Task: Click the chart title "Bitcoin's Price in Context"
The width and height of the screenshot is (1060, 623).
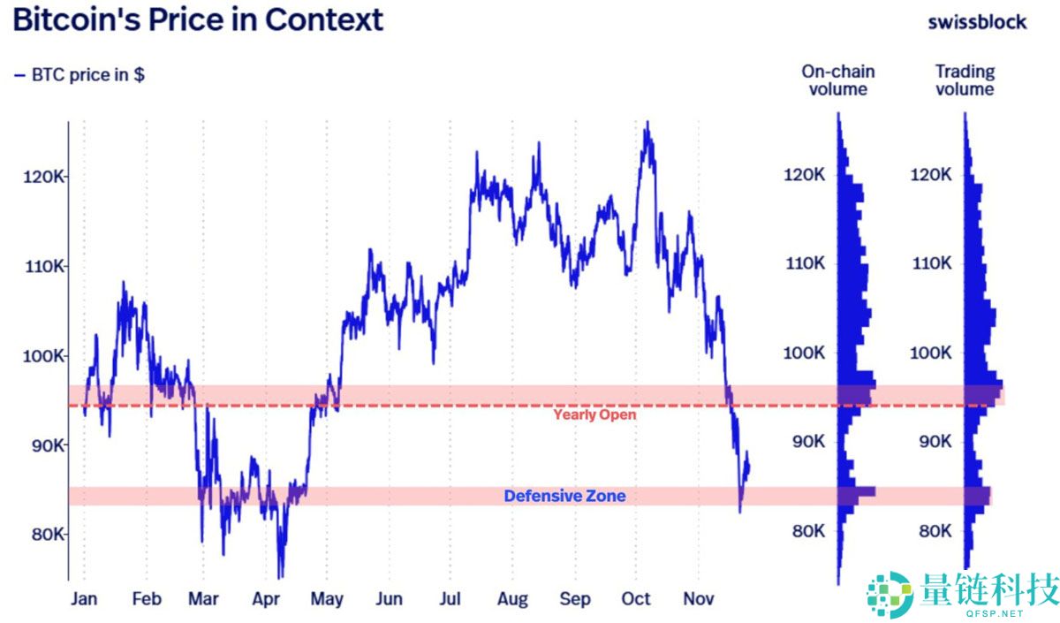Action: (198, 19)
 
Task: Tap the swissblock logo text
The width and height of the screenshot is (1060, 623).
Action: (977, 21)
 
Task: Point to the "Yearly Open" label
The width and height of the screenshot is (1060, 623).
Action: (594, 414)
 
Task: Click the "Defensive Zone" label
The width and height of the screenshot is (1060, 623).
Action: (564, 496)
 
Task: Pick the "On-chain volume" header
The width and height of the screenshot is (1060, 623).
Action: (837, 80)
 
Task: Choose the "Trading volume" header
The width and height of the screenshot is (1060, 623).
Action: (965, 80)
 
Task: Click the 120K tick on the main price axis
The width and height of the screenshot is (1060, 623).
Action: (43, 177)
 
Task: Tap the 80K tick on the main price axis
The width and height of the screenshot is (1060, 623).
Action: (43, 534)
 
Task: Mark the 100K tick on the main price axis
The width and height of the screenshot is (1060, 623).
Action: (43, 356)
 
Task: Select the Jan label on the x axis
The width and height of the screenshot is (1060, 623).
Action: (84, 599)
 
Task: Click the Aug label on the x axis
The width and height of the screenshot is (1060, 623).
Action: (512, 599)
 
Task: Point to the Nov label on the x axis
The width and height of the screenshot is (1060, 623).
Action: (699, 599)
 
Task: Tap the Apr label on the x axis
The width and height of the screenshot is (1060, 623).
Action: (266, 599)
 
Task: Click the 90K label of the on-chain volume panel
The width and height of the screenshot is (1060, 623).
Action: (804, 442)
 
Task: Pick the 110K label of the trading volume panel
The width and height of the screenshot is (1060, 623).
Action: (931, 263)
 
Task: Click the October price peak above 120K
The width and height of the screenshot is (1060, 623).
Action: (647, 124)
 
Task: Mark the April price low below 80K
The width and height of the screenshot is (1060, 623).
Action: (280, 576)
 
